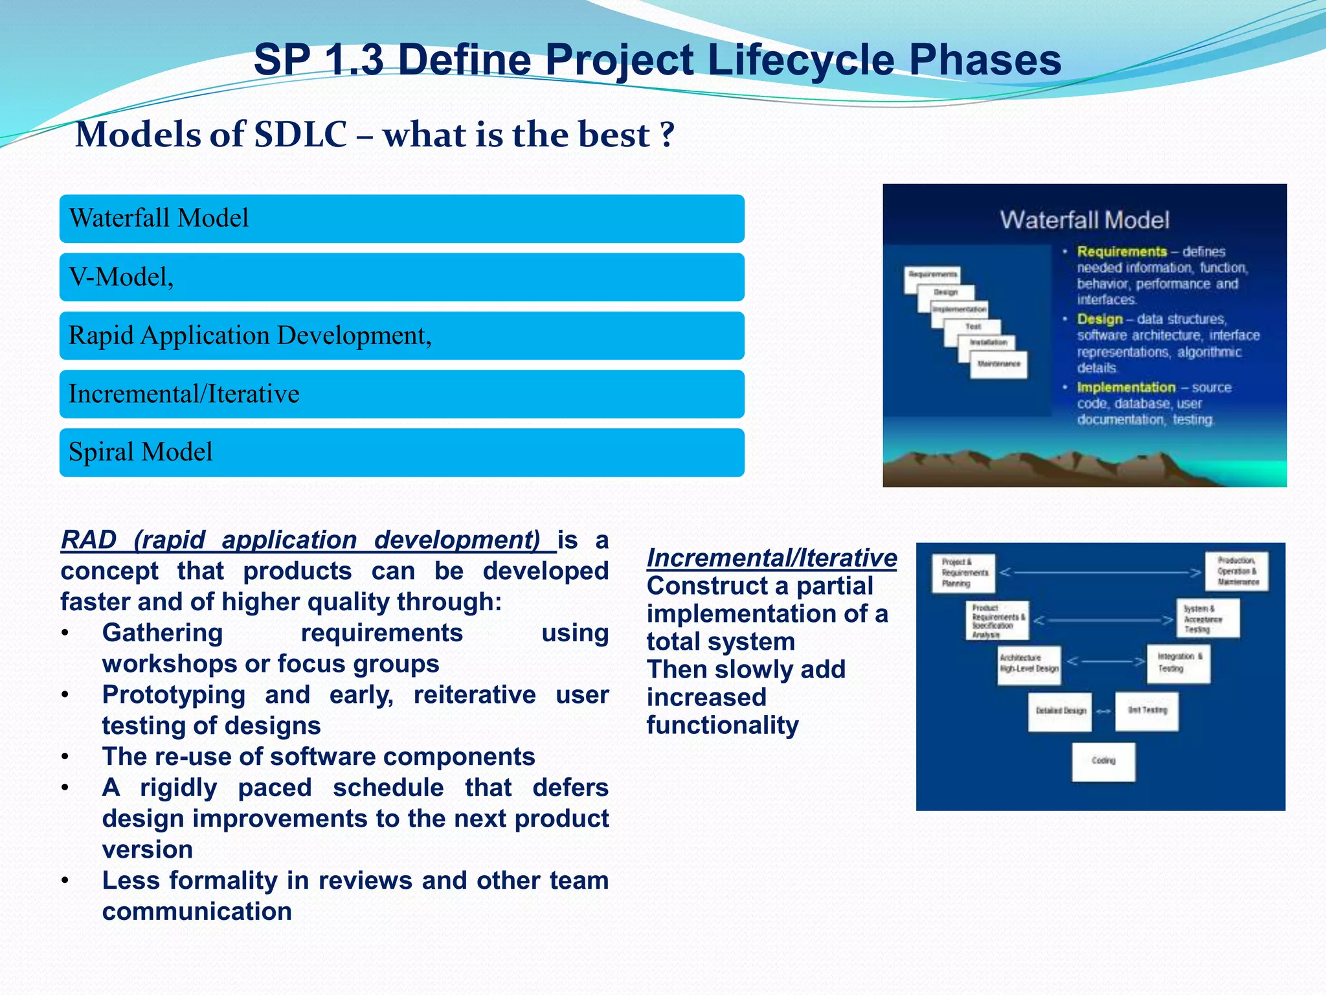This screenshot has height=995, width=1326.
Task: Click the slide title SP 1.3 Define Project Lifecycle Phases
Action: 657,60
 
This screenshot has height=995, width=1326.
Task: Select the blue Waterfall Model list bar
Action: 401,219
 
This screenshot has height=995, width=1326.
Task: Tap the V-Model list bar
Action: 401,277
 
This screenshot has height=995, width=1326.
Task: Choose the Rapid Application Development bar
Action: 401,336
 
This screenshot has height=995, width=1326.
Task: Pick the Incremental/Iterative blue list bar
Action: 401,394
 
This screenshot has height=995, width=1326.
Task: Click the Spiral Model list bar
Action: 401,452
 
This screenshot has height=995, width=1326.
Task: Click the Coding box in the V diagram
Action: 1103,761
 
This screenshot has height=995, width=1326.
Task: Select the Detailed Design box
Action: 1060,711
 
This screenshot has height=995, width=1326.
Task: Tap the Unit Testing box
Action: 1147,711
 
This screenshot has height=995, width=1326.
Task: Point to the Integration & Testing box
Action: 1178,663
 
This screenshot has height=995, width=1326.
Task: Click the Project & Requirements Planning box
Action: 964,573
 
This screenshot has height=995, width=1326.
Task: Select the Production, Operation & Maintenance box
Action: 1237,571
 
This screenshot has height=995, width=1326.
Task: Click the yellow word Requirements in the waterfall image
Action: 1121,251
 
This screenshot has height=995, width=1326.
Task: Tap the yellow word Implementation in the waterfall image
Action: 1126,387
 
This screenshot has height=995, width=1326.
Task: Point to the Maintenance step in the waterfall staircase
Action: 998,364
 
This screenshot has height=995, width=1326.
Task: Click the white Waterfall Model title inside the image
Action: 1084,220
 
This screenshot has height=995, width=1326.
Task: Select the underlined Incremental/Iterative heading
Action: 771,558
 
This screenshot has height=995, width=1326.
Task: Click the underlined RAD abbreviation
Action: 89,540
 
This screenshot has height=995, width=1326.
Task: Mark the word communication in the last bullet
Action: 197,911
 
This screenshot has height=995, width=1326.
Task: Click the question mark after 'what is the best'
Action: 667,135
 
